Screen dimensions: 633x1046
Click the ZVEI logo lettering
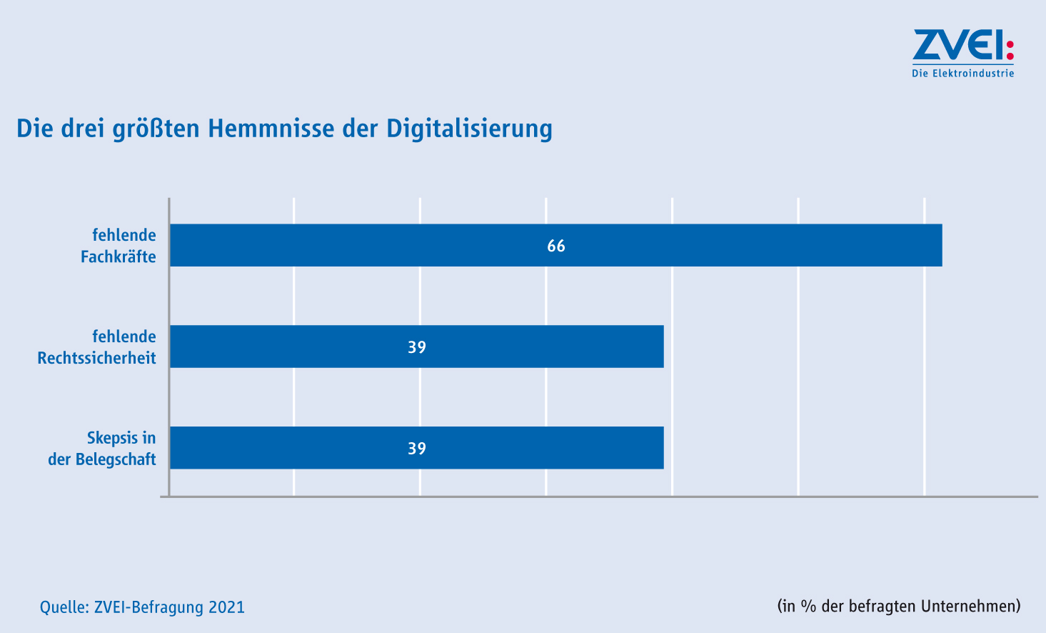957,46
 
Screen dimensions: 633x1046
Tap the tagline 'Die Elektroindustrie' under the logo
962,73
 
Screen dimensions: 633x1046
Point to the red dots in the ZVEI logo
1010,49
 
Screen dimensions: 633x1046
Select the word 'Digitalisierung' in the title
469,129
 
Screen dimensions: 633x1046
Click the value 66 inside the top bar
556,246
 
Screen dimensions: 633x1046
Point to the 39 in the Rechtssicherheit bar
417,347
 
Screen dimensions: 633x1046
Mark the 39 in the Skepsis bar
417,449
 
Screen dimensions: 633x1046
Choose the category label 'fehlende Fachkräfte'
119,246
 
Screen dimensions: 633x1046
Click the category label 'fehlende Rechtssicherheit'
97,347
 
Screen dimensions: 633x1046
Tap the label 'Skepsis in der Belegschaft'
103,449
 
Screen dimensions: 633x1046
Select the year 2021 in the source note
226,607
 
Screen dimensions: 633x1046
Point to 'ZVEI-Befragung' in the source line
149,607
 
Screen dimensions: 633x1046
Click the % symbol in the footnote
808,606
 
